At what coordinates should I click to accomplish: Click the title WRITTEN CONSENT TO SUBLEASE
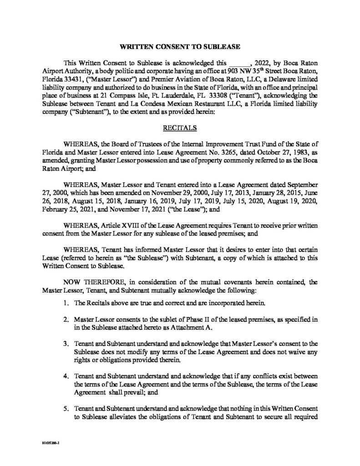180,47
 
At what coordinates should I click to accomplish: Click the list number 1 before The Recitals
66,303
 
